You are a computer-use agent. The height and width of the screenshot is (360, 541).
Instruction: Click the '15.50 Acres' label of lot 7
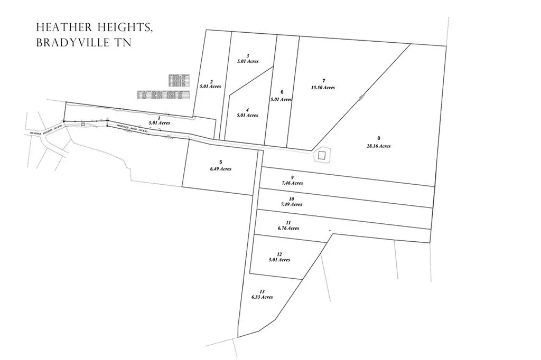click(x=323, y=88)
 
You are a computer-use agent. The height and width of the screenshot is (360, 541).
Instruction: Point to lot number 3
click(x=248, y=56)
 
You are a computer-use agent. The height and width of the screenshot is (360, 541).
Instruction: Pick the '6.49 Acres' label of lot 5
click(x=221, y=169)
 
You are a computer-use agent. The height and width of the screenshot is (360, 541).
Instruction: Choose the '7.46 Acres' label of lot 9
click(x=292, y=183)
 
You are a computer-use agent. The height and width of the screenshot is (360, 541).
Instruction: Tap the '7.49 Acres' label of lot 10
click(x=292, y=204)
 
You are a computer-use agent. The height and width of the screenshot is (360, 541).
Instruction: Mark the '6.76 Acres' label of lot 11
click(x=288, y=228)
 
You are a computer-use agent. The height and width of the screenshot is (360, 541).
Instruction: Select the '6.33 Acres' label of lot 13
click(x=262, y=297)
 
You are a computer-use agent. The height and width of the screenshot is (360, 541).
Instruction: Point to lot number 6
click(x=282, y=92)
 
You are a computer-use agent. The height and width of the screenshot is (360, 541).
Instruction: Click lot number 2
click(x=211, y=81)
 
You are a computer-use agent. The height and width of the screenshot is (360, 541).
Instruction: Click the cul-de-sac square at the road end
click(x=321, y=155)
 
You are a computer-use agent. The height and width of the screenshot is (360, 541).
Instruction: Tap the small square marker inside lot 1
click(x=83, y=124)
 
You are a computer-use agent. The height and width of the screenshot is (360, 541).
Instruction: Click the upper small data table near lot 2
click(x=179, y=80)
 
